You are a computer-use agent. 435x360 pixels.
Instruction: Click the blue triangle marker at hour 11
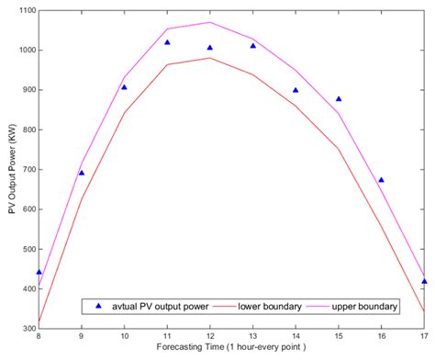coord(167,42)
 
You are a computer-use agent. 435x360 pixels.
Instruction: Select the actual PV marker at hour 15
coord(339,99)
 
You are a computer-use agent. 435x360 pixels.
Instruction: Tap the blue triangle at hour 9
coord(82,172)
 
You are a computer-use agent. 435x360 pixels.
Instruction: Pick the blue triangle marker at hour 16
coord(381,180)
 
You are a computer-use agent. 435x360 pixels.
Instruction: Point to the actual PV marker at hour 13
coord(252,45)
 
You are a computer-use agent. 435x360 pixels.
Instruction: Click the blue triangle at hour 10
coord(124,87)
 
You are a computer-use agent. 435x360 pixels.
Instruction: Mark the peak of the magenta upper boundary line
coord(209,22)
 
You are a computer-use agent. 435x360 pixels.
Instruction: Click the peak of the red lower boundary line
coord(209,58)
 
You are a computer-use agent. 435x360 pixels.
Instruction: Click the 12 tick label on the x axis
coord(209,338)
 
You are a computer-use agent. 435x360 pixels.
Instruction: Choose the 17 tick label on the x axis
coord(423,338)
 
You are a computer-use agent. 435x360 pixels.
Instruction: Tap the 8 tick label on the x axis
coord(39,338)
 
